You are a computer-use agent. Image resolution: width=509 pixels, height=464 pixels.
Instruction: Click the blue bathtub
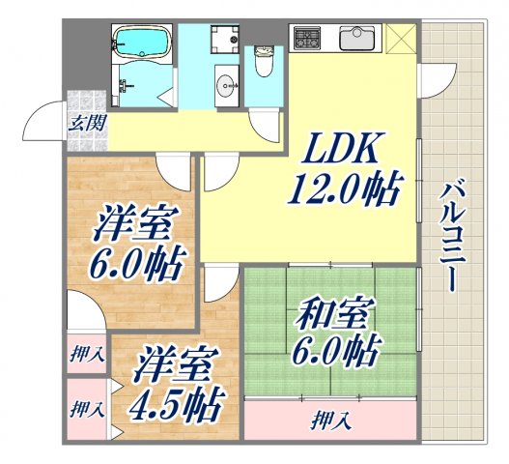tap(142, 43)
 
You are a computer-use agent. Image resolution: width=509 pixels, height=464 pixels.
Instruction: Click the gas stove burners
tap(309, 39)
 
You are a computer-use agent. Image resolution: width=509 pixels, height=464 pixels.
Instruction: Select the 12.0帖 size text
tap(344, 188)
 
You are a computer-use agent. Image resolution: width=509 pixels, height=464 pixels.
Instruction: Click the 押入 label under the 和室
tap(331, 420)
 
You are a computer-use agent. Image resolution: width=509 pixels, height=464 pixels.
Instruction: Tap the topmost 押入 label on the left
tap(86, 355)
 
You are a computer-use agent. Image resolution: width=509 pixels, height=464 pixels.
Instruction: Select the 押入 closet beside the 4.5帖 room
tap(86, 408)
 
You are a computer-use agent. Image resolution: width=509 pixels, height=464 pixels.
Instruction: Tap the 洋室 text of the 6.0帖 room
tap(133, 227)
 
